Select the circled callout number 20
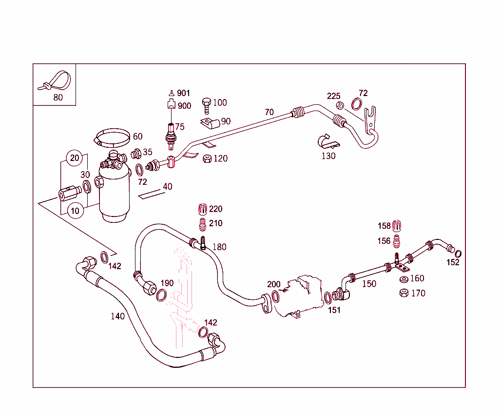coord(74,157)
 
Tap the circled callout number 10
coord(74,211)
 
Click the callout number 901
coord(184,93)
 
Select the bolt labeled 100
coord(207,104)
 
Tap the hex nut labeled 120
coord(207,159)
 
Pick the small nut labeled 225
coord(341,105)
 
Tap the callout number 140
coord(117,316)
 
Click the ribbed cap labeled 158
coord(397,226)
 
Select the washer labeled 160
coord(403,279)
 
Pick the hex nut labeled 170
coord(403,293)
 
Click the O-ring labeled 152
coord(458,254)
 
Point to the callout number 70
coord(269,112)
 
